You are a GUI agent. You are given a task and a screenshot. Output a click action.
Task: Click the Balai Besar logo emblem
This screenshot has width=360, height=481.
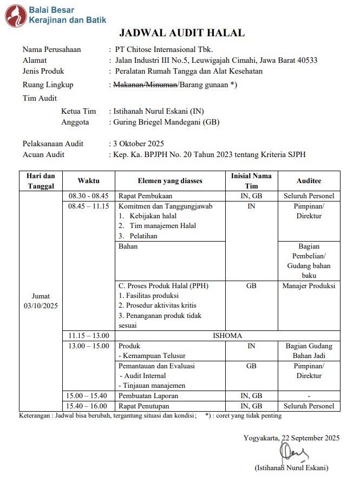pyautogui.click(x=15, y=16)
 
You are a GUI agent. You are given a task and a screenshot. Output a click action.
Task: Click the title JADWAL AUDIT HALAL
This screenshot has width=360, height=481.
pyautogui.click(x=181, y=34)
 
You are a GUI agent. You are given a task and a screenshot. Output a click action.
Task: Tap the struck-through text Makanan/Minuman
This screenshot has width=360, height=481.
pyautogui.click(x=145, y=84)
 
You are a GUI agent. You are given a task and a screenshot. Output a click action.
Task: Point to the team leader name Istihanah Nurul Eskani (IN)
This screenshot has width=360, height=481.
pyautogui.click(x=158, y=111)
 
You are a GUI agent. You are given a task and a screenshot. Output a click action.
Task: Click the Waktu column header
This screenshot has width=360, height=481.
pyautogui.click(x=88, y=180)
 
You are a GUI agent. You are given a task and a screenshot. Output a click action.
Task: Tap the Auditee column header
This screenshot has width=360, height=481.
pyautogui.click(x=309, y=180)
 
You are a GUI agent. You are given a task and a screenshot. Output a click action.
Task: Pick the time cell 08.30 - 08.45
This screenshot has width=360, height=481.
pyautogui.click(x=89, y=196)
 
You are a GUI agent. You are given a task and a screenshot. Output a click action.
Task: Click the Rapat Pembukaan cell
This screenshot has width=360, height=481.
pyautogui.click(x=142, y=196)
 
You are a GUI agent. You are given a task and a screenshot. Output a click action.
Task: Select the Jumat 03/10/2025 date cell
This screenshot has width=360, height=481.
pyautogui.click(x=41, y=301)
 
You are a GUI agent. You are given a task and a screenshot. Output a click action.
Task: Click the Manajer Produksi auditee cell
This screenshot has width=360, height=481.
pyautogui.click(x=309, y=285)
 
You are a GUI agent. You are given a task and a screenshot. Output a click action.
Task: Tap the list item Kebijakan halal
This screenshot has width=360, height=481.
pyautogui.click(x=153, y=216)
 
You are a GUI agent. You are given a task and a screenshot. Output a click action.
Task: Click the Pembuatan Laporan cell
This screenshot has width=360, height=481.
pyautogui.click(x=148, y=395)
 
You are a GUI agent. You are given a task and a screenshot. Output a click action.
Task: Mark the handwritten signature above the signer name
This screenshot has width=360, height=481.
pyautogui.click(x=297, y=451)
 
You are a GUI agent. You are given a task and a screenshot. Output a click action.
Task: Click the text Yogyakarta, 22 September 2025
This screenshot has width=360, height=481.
pyautogui.click(x=292, y=438)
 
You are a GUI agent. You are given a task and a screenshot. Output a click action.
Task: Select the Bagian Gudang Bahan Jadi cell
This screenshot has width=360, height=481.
pyautogui.click(x=309, y=350)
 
